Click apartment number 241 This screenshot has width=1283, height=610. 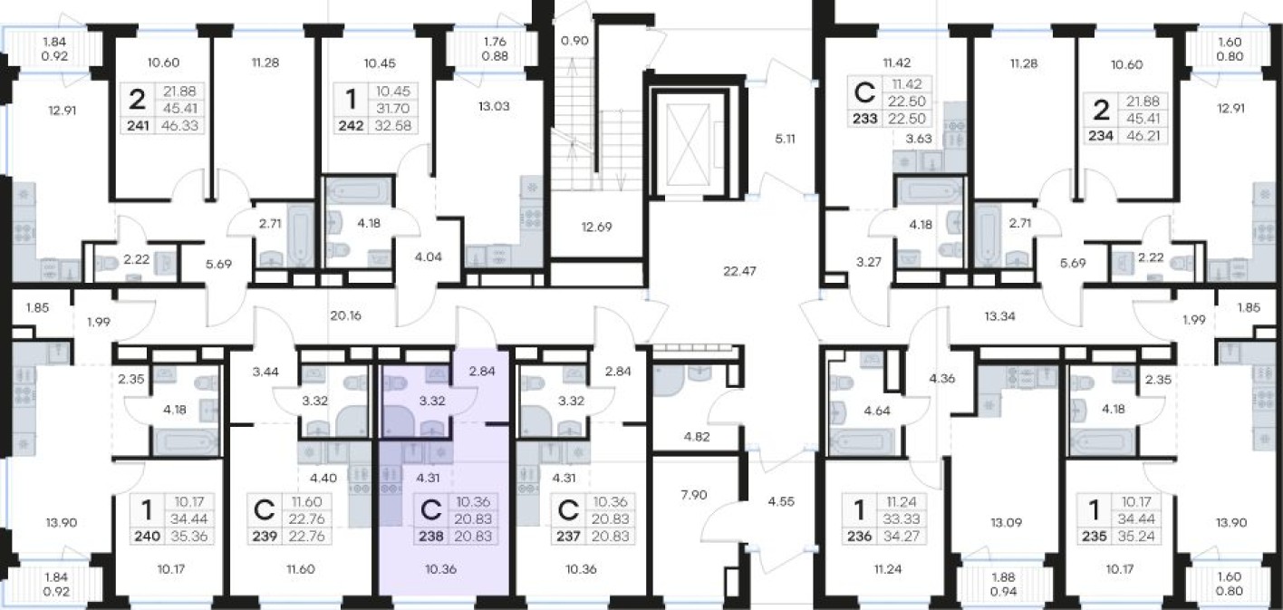pyautogui.click(x=138, y=125)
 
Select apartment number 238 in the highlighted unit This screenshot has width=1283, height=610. pyautogui.click(x=431, y=536)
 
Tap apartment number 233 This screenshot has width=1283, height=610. pyautogui.click(x=865, y=119)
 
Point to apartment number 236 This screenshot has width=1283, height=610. pyautogui.click(x=859, y=536)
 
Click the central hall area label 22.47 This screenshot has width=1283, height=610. pyautogui.click(x=739, y=271)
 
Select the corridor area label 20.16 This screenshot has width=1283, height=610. pyautogui.click(x=345, y=315)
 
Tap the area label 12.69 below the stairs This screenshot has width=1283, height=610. pyautogui.click(x=596, y=227)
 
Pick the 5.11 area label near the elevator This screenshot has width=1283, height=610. pyautogui.click(x=785, y=139)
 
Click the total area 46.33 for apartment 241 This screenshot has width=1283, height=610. pyautogui.click(x=179, y=125)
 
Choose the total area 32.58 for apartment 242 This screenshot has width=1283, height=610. pyautogui.click(x=393, y=125)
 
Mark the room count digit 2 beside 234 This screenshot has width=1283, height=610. pyautogui.click(x=1101, y=110)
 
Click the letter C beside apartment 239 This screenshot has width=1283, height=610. pyautogui.click(x=265, y=509)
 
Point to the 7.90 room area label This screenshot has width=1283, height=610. pyautogui.click(x=694, y=494)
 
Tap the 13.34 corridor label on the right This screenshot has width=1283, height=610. pyautogui.click(x=999, y=316)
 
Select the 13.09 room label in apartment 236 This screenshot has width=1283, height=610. pyautogui.click(x=1006, y=522)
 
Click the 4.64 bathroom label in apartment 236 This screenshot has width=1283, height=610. pyautogui.click(x=877, y=410)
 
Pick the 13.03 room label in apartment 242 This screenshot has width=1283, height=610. pyautogui.click(x=494, y=106)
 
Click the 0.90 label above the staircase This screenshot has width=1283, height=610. pyautogui.click(x=574, y=41)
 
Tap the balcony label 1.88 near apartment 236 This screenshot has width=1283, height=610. pyautogui.click(x=1004, y=577)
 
